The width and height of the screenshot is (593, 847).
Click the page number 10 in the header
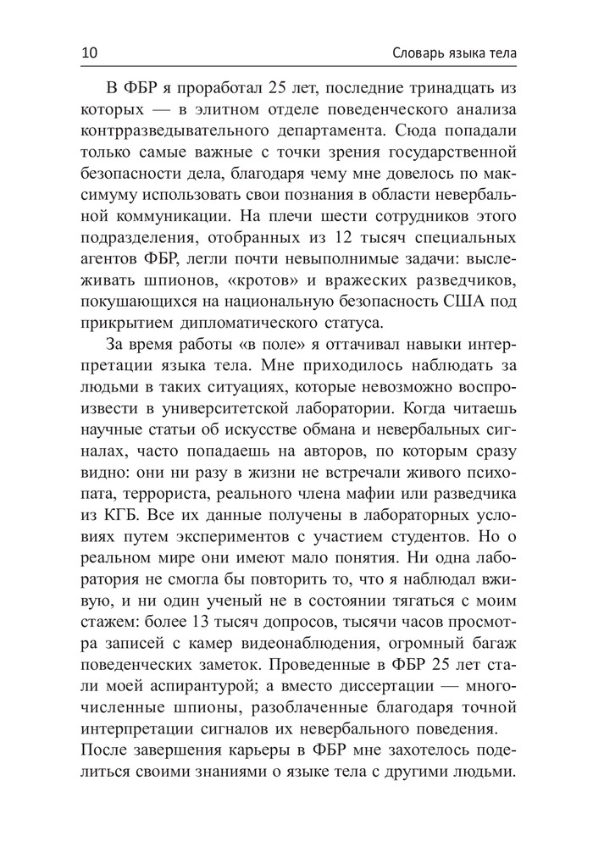[91, 53]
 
